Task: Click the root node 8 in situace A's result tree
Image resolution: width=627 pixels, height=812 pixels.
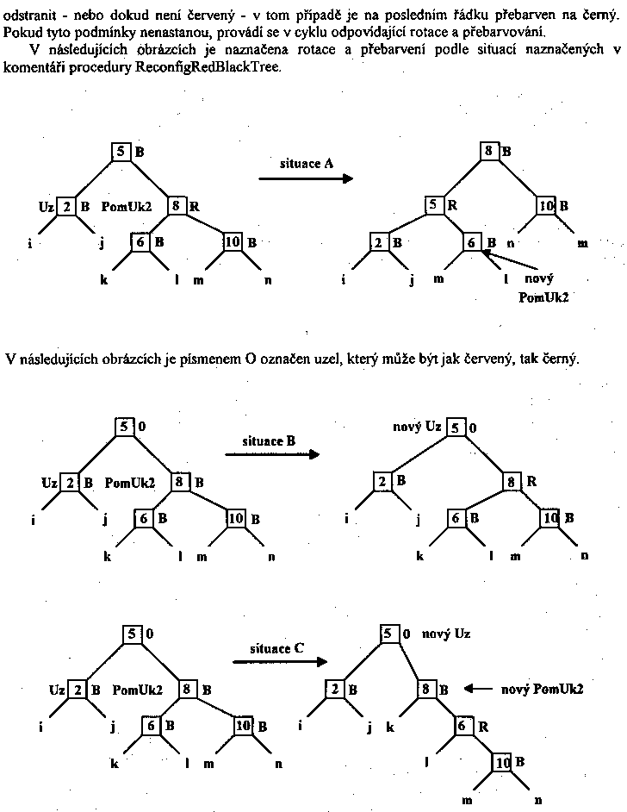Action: click(x=489, y=151)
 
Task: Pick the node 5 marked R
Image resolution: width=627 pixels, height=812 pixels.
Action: click(x=435, y=205)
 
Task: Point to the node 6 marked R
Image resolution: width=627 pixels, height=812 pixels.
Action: click(x=463, y=727)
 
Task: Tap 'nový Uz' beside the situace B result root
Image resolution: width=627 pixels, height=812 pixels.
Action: click(x=418, y=427)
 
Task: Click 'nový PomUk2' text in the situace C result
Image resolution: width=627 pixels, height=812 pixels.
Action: click(x=543, y=689)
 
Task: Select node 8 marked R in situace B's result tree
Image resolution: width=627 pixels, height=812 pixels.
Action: click(x=512, y=480)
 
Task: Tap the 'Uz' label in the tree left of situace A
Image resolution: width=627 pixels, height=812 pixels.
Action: click(x=46, y=207)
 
